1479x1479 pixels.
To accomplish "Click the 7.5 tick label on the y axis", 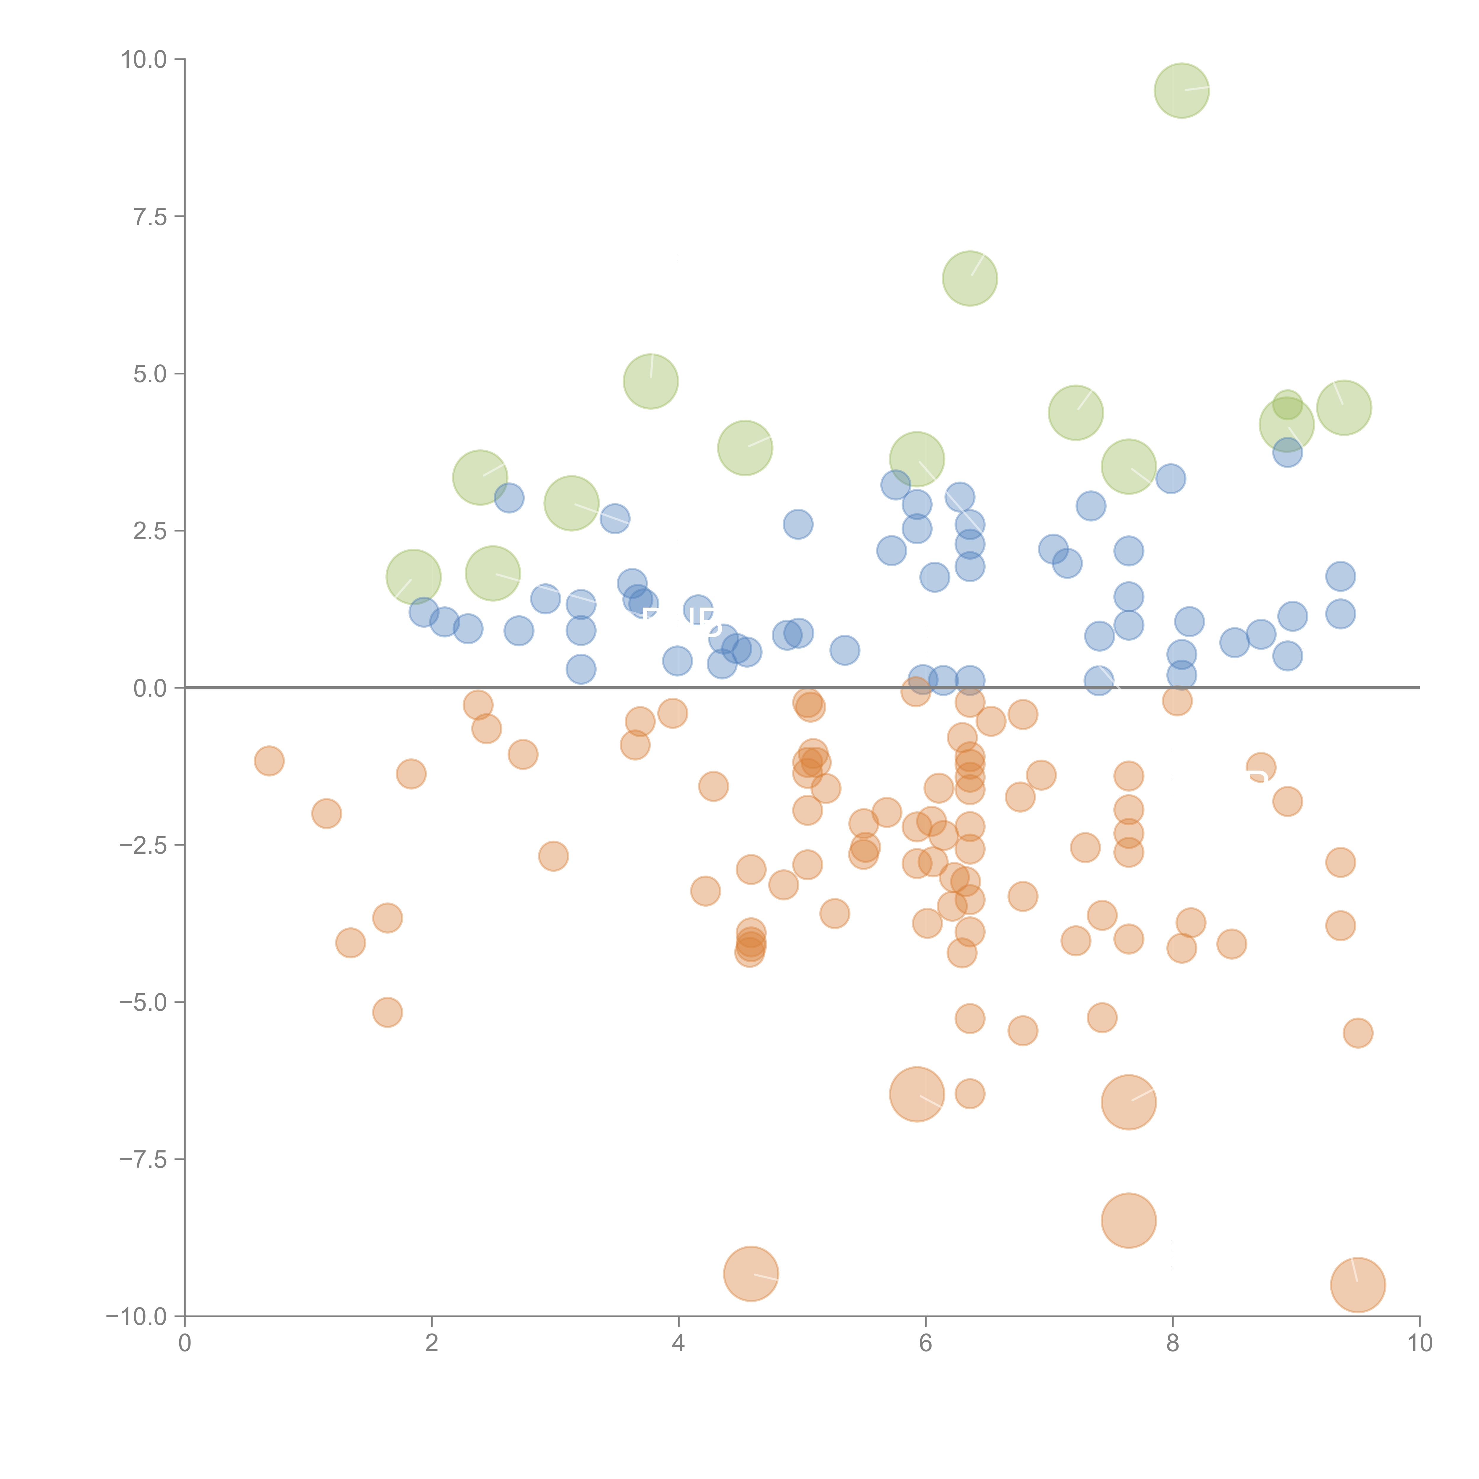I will [x=149, y=217].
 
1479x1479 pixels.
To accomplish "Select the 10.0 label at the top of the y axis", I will [x=143, y=60].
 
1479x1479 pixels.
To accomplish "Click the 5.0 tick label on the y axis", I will [x=149, y=374].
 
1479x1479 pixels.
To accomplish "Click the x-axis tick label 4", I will [x=678, y=1344].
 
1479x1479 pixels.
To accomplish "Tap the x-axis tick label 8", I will [x=1172, y=1344].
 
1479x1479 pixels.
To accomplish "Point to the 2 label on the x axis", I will [x=432, y=1344].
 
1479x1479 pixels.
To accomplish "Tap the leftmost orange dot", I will [x=269, y=761].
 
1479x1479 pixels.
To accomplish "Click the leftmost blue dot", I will [x=423, y=612].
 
